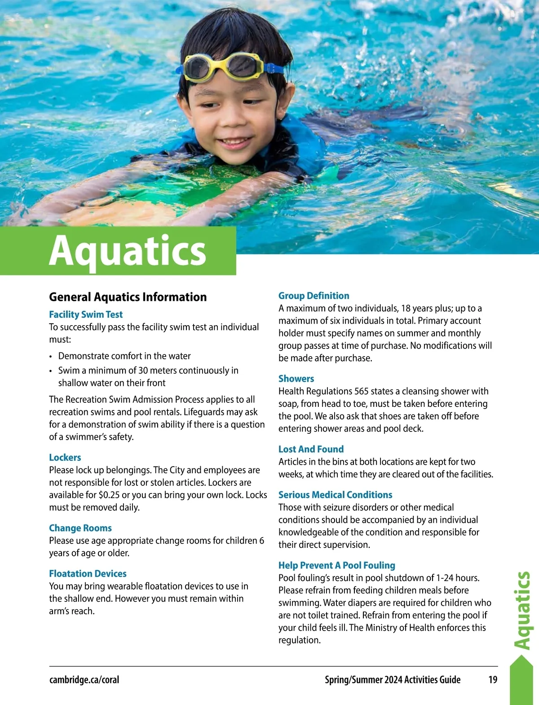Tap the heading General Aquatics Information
128,297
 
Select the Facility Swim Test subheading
86,314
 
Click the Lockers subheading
65,457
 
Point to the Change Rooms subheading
80,528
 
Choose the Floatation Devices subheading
88,573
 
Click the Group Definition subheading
314,295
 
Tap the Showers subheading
296,379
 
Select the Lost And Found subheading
311,449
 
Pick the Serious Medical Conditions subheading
335,494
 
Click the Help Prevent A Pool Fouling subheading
337,565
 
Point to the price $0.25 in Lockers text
109,495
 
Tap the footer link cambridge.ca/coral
84,679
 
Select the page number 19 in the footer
493,679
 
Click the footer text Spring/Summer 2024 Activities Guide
393,679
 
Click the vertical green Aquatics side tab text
522,611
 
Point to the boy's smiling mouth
235,142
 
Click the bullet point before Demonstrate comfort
51,357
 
